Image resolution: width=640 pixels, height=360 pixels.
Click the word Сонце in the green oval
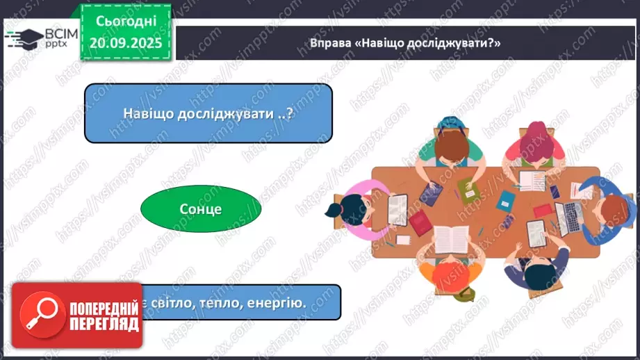[200, 208]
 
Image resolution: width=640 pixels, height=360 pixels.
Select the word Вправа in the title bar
[333, 43]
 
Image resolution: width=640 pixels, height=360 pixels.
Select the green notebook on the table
[466, 188]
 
